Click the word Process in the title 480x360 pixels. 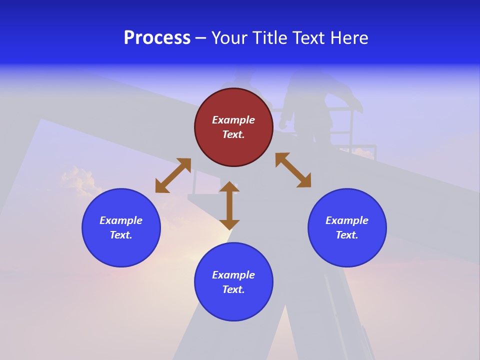pyautogui.click(x=157, y=38)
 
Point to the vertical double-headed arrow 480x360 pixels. pyautogui.click(x=229, y=205)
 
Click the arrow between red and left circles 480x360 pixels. pyautogui.click(x=173, y=175)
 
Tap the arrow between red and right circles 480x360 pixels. pyautogui.click(x=293, y=170)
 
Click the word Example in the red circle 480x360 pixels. pyautogui.click(x=233, y=120)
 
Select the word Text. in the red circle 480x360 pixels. pyautogui.click(x=233, y=134)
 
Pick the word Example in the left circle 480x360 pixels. pyautogui.click(x=121, y=220)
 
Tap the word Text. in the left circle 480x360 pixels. pyautogui.click(x=121, y=235)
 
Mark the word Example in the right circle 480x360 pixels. pyautogui.click(x=347, y=220)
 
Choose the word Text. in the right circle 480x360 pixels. pyautogui.click(x=347, y=235)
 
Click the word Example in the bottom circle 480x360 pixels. pyautogui.click(x=233, y=275)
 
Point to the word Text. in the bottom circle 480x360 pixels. pyautogui.click(x=233, y=289)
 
